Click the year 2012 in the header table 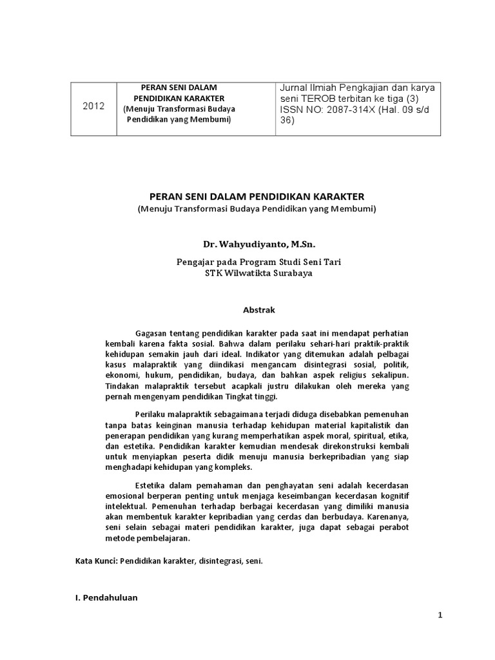93,106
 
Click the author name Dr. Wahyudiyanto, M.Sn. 259,245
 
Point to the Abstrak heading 258,310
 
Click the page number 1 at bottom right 440,616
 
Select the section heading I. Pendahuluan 106,597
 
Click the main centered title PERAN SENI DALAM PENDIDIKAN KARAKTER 257,197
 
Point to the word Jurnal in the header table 293,88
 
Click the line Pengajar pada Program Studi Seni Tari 258,262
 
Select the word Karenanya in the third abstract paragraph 389,518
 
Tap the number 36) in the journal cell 287,121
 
